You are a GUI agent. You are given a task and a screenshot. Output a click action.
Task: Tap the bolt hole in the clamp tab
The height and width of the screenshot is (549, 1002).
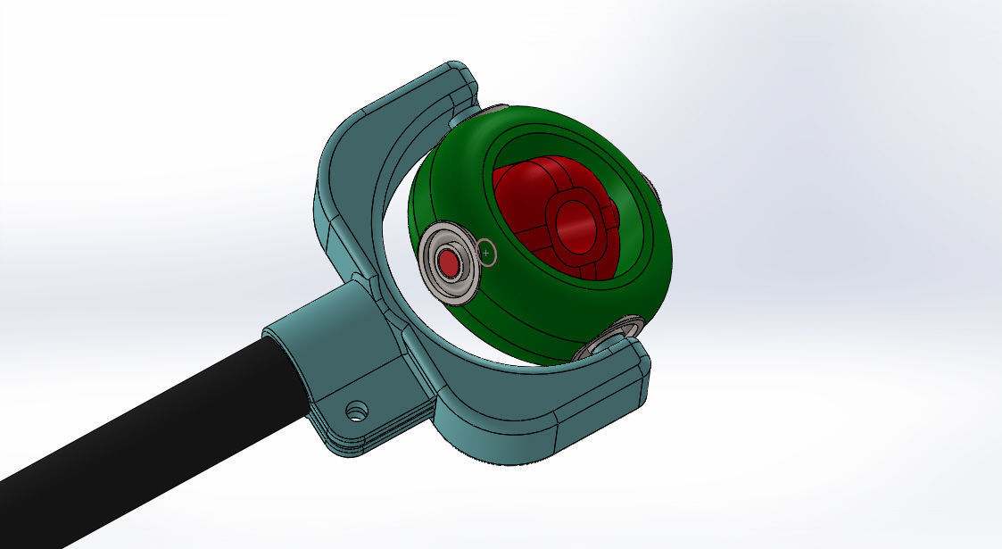coord(357,411)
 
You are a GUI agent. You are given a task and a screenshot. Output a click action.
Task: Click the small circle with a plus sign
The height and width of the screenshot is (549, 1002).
coord(486,254)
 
